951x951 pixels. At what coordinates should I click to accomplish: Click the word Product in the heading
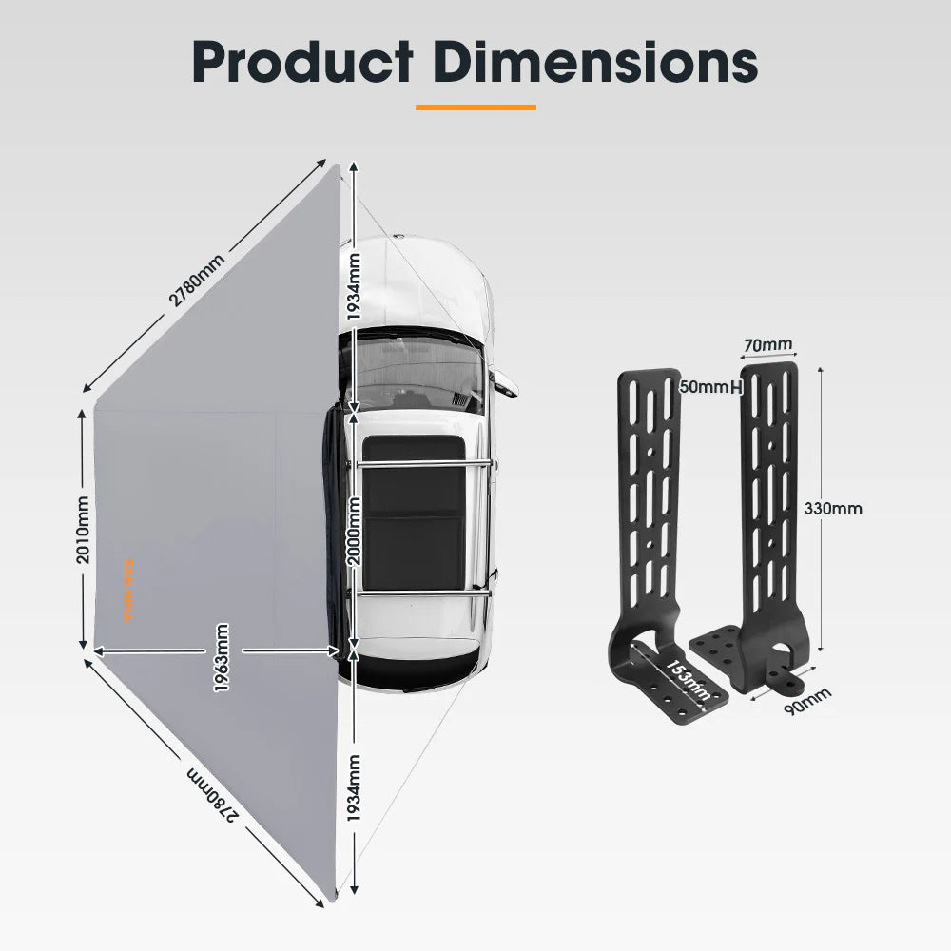pos(302,62)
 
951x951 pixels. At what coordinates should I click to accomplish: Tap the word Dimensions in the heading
pos(596,62)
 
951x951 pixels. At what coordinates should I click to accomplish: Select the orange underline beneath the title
pos(475,107)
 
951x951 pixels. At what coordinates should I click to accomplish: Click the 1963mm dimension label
pos(222,657)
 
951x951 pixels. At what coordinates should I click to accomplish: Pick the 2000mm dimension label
pos(354,533)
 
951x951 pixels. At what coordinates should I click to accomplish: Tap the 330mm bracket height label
pos(832,508)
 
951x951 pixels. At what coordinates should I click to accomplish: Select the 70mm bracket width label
pos(768,344)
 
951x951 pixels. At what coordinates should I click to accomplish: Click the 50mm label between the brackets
pos(704,387)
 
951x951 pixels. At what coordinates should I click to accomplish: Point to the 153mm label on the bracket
pos(688,679)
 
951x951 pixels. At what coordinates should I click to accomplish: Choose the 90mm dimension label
pos(805,702)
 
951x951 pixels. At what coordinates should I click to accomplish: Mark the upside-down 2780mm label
pos(211,792)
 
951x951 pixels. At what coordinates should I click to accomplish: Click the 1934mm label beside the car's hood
pos(354,285)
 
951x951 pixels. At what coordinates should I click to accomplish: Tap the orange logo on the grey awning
pos(130,590)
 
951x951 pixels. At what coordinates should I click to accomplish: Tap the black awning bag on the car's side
pos(333,523)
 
